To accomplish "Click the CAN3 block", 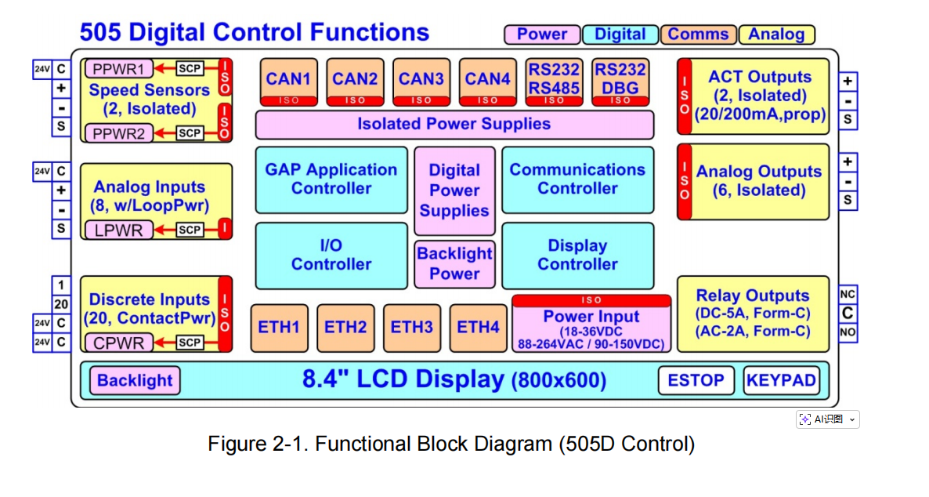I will pyautogui.click(x=421, y=81).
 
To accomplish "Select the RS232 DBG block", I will pyautogui.click(x=620, y=81).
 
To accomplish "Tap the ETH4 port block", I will pyautogui.click(x=479, y=327).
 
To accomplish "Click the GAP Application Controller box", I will pyautogui.click(x=331, y=180).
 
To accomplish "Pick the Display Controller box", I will pyautogui.click(x=577, y=255).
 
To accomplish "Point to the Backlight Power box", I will pyautogui.click(x=454, y=263).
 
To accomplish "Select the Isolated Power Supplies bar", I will pyautogui.click(x=454, y=125).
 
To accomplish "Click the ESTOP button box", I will pyautogui.click(x=696, y=380).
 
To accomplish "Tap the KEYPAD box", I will pyautogui.click(x=781, y=380).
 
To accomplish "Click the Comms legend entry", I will pyautogui.click(x=698, y=34).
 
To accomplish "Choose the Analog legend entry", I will pyautogui.click(x=776, y=34).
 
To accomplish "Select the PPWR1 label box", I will pyautogui.click(x=119, y=68).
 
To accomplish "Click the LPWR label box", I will pyautogui.click(x=119, y=230).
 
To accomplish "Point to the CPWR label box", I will pyautogui.click(x=119, y=343).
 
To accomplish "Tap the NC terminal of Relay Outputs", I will pyautogui.click(x=848, y=295).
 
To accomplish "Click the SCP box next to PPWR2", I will pyautogui.click(x=190, y=133).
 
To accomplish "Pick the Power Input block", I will pyautogui.click(x=591, y=324).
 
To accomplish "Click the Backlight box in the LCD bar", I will pyautogui.click(x=135, y=381).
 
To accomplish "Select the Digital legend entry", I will pyautogui.click(x=620, y=34).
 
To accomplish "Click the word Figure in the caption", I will pyautogui.click(x=236, y=444).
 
